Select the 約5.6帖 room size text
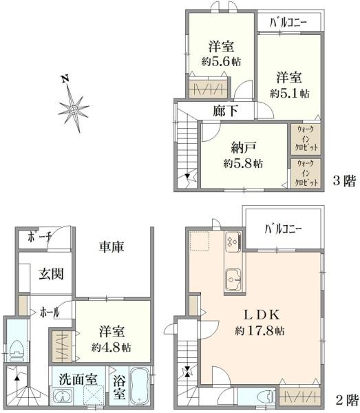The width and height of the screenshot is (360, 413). [x=221, y=61]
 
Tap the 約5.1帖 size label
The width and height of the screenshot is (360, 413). [x=289, y=92]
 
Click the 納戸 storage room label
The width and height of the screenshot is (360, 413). [x=242, y=147]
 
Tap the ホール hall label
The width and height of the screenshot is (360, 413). [x=46, y=312]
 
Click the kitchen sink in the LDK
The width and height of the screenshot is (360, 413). [x=231, y=279]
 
